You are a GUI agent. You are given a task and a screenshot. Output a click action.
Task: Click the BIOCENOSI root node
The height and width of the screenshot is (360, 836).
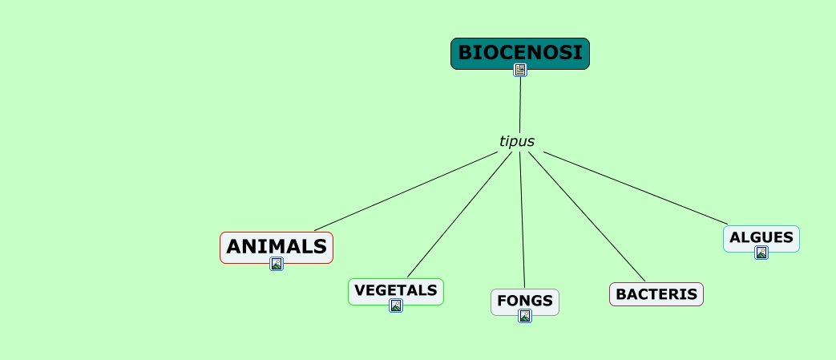click(520, 52)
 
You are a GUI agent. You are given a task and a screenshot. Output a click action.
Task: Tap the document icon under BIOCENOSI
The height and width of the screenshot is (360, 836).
click(520, 70)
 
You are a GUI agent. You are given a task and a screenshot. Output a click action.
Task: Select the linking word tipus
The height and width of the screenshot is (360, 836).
click(517, 141)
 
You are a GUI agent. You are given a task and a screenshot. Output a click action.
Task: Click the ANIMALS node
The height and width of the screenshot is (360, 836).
click(277, 245)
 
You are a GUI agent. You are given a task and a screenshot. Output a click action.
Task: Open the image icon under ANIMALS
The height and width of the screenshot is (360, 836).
click(277, 264)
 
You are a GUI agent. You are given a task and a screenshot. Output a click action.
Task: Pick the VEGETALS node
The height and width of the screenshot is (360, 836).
click(395, 289)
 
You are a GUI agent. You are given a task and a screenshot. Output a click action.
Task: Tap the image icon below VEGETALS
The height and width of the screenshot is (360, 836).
click(396, 305)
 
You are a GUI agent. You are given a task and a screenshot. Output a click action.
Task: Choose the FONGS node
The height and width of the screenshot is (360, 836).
click(525, 301)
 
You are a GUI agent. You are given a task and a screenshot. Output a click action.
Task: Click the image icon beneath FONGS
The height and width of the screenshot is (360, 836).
click(525, 316)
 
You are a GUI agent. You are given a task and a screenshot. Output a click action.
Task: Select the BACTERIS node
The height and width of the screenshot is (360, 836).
click(656, 294)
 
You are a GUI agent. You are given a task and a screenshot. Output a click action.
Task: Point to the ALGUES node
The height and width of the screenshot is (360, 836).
click(761, 237)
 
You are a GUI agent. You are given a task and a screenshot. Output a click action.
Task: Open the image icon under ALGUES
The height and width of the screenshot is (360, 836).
click(761, 253)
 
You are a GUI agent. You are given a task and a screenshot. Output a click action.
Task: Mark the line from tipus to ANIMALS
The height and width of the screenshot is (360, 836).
click(406, 192)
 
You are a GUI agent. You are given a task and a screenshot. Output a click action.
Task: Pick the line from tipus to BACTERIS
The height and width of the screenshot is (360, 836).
click(587, 216)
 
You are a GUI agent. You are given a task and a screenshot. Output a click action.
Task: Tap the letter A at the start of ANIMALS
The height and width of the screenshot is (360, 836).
click(235, 246)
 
